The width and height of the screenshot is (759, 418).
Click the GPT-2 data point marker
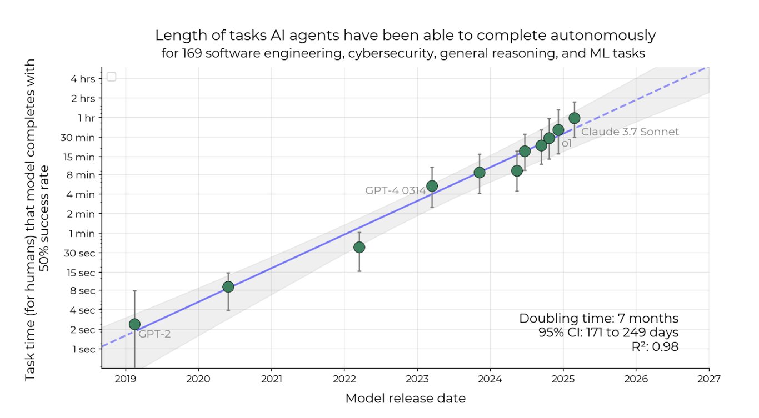coord(134,324)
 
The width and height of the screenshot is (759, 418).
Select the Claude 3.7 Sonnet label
coord(630,132)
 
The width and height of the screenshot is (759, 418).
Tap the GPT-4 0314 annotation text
coord(396,190)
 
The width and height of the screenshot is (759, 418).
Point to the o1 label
coord(566,143)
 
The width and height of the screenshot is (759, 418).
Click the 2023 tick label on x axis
coord(417,379)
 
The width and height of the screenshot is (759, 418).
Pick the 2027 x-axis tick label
coord(709,379)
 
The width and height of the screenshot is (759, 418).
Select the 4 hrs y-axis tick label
coord(84,79)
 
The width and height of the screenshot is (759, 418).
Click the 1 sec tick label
coord(84,349)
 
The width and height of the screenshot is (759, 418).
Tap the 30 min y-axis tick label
coord(81,137)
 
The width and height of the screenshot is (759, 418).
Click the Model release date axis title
coord(406,398)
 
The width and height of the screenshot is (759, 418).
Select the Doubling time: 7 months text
coord(598,319)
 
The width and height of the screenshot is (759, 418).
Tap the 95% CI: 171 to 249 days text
coord(608,333)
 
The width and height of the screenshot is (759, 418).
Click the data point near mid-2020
coord(228,287)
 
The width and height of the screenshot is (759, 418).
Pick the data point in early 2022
coord(359,247)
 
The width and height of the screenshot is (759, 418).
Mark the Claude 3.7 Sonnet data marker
coord(575,118)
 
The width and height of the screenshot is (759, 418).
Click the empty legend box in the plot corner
coord(111,77)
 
